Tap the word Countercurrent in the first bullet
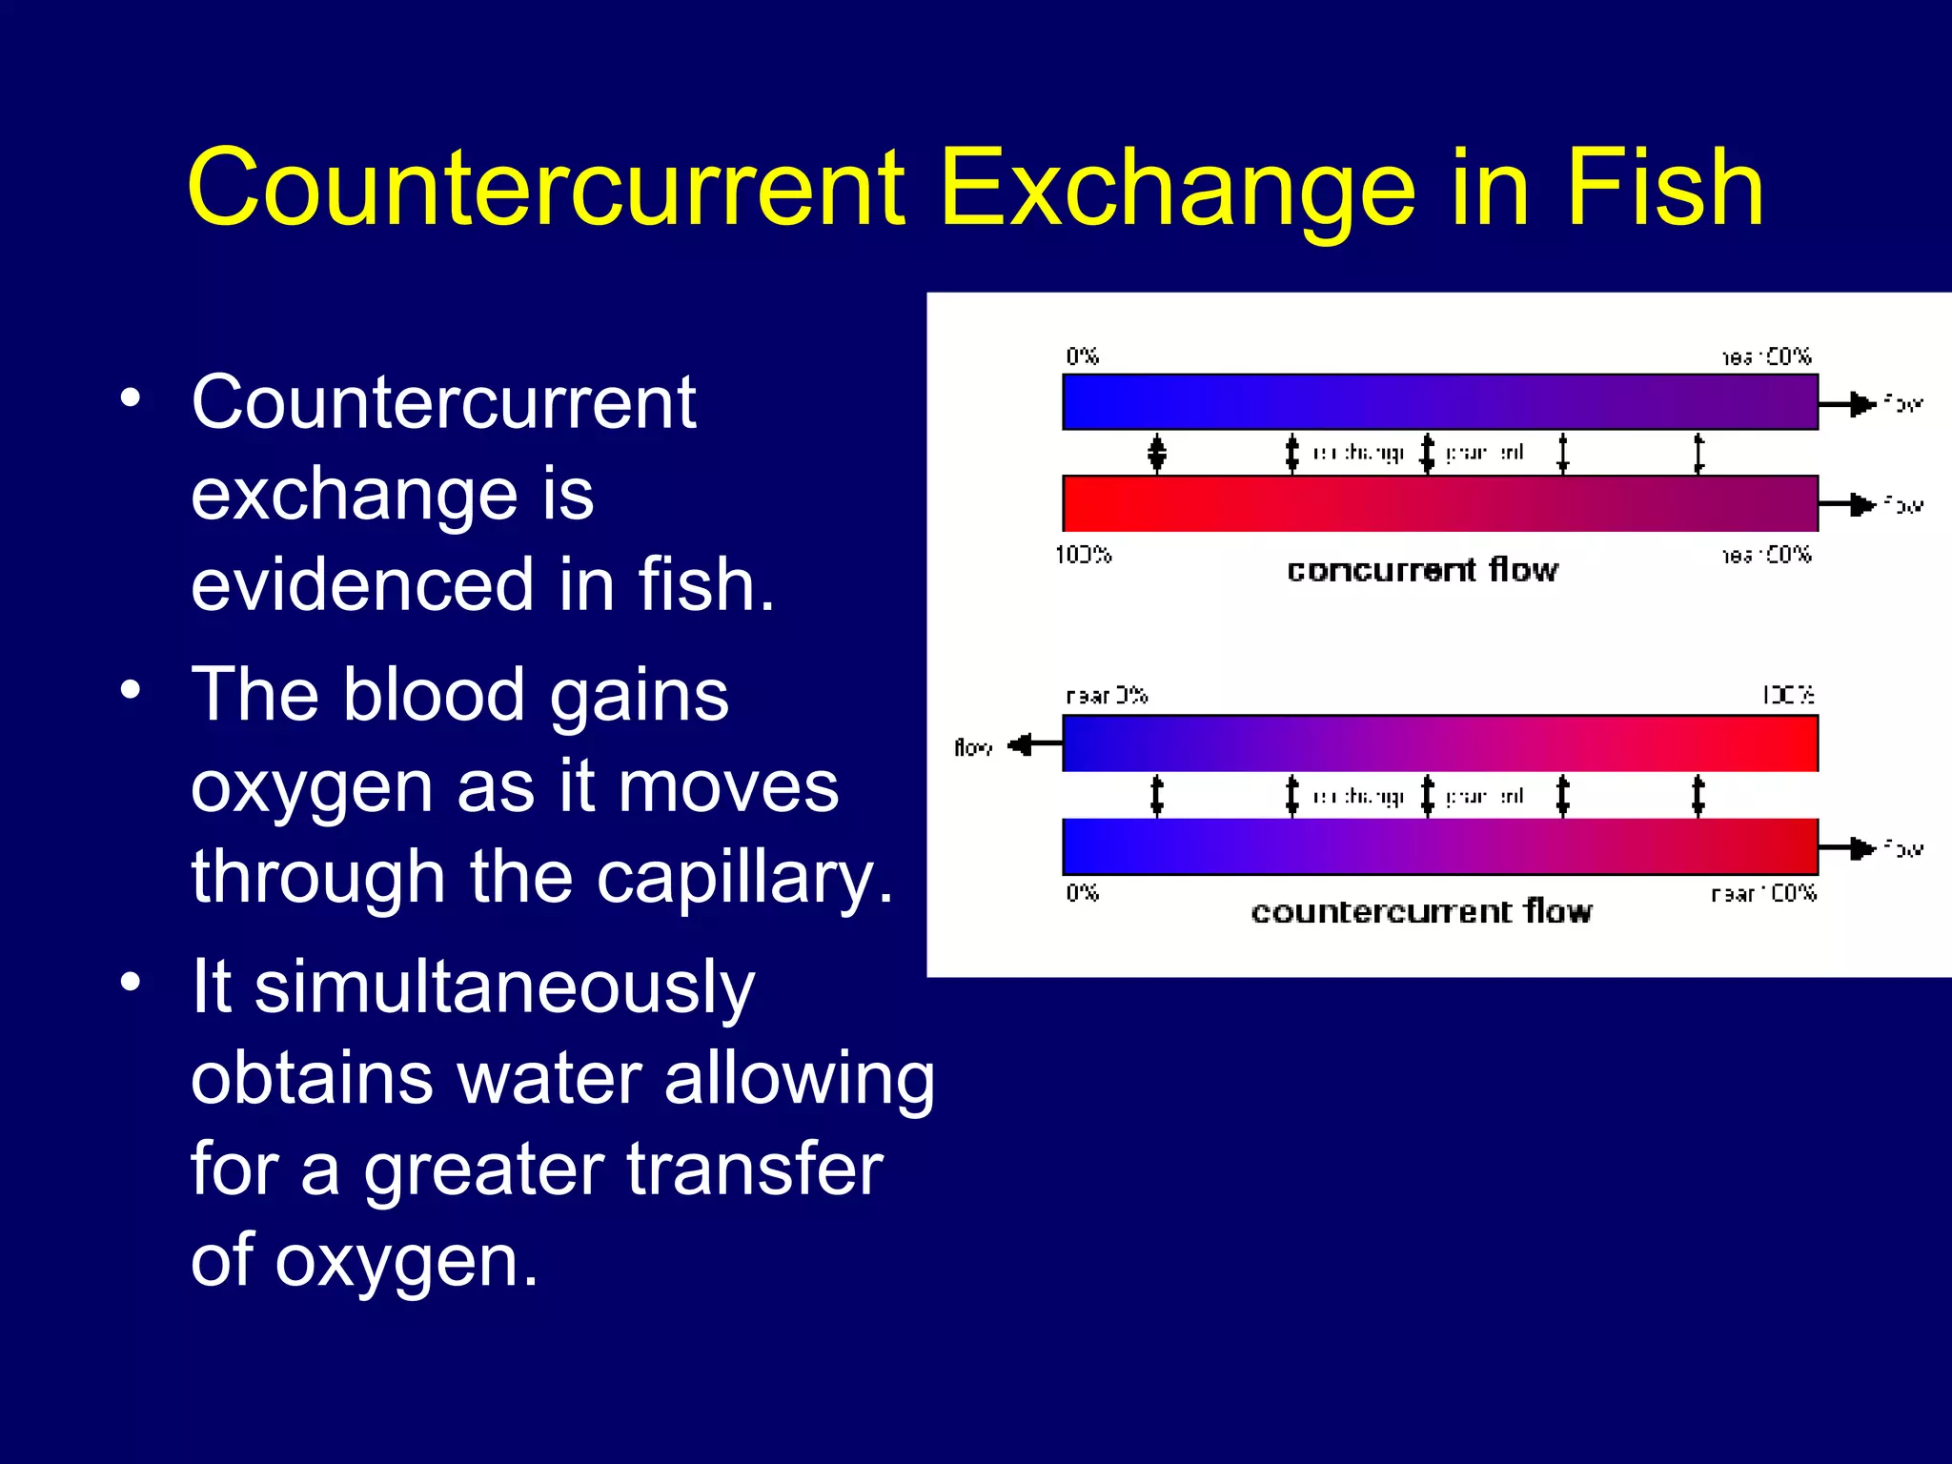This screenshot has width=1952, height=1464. (443, 402)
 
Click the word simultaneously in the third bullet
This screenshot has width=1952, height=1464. (504, 987)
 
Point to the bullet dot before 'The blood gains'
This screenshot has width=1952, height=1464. (132, 688)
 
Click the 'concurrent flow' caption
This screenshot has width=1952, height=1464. (1422, 570)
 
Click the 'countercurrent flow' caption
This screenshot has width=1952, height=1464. (1421, 912)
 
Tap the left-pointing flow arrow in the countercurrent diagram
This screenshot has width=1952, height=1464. (1033, 743)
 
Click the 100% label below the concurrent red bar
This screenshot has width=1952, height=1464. (1083, 555)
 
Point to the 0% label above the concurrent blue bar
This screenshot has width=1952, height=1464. (1082, 356)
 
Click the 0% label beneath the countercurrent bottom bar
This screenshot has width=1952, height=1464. (1082, 893)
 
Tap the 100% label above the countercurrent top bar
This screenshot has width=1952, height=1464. (1788, 695)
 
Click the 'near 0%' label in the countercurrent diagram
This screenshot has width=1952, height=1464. (1107, 696)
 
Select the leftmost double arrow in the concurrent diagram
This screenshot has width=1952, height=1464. (1157, 454)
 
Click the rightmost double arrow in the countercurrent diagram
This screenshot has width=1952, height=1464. (1698, 796)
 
